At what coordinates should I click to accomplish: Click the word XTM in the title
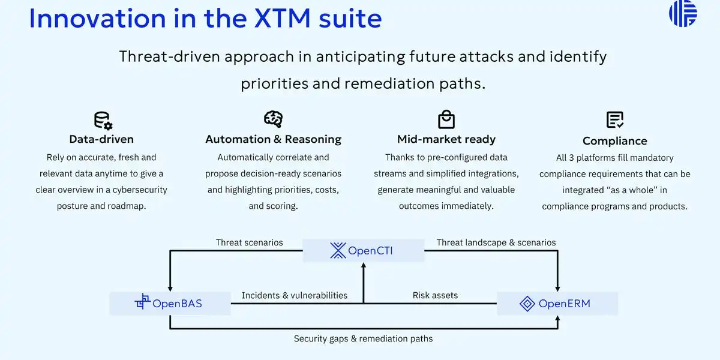click(283, 19)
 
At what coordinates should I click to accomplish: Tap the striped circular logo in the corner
click(683, 13)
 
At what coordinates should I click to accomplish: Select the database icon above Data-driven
click(103, 121)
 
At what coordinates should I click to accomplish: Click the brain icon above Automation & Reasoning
click(273, 119)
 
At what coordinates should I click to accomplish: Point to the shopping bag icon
click(446, 119)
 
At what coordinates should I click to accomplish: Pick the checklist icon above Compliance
click(615, 119)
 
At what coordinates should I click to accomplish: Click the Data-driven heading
click(101, 139)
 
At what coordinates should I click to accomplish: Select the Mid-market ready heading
click(446, 139)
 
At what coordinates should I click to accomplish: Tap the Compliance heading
click(615, 141)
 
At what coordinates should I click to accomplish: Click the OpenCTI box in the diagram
click(364, 250)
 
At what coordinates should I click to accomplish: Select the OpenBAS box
click(170, 304)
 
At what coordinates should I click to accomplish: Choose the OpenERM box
click(557, 304)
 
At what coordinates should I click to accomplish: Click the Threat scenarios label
click(249, 242)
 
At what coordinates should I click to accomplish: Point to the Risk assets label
click(435, 295)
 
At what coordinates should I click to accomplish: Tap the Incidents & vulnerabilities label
click(295, 295)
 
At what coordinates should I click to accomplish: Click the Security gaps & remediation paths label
click(363, 338)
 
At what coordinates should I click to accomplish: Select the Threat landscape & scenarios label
click(496, 242)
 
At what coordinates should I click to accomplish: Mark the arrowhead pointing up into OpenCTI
click(364, 265)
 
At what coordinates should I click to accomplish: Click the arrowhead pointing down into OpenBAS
click(170, 289)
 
